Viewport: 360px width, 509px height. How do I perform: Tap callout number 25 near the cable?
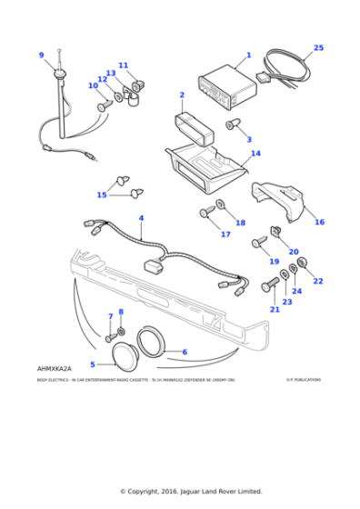click(x=318, y=47)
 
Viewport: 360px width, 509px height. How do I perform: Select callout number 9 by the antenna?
click(x=41, y=55)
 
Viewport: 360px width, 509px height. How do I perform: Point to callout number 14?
click(x=255, y=154)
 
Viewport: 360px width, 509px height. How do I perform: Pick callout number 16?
click(x=319, y=221)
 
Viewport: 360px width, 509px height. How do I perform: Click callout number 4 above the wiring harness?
click(x=141, y=218)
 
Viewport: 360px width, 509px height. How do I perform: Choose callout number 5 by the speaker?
click(x=93, y=364)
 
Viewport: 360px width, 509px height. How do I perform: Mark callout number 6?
click(x=185, y=352)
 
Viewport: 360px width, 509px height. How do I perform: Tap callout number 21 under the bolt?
click(x=274, y=309)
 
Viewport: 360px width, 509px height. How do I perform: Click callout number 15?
click(x=102, y=195)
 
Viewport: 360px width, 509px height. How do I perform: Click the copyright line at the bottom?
click(x=180, y=491)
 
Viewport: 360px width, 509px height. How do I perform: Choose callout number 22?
click(x=318, y=282)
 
